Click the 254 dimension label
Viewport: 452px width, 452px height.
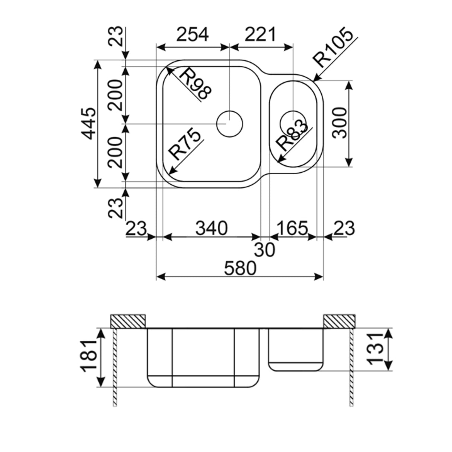(192, 35)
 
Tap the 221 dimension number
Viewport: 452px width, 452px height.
(261, 35)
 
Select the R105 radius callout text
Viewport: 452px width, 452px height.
(332, 47)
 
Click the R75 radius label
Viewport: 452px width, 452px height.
(185, 143)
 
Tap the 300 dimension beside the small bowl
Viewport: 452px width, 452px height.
(339, 123)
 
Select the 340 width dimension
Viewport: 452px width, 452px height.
(211, 228)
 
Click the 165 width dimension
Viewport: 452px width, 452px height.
(293, 228)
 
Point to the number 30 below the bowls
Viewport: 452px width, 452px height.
(265, 250)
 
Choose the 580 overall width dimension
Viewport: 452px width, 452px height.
(240, 268)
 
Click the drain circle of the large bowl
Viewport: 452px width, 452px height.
(230, 123)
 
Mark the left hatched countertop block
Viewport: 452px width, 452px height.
(128, 321)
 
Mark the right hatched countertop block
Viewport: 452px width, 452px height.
(339, 321)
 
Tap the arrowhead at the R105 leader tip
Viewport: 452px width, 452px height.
(315, 79)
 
